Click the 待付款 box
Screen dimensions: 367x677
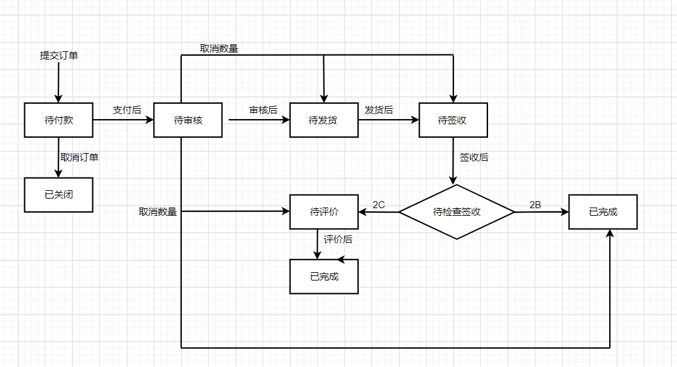[58, 120]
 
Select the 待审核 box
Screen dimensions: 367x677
[188, 120]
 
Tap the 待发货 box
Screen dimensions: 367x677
[323, 120]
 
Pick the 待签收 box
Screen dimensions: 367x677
[453, 120]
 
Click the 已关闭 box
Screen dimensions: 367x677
[58, 195]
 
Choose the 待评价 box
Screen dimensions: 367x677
[323, 212]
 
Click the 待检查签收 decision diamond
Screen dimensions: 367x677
[457, 212]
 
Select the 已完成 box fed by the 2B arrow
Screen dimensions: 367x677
[603, 212]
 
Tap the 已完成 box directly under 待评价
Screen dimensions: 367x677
[323, 277]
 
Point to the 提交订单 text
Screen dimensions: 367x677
[59, 56]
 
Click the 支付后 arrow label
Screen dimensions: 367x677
[127, 110]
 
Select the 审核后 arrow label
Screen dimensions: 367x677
[263, 110]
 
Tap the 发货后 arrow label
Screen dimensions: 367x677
[379, 110]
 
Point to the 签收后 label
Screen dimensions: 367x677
[474, 157]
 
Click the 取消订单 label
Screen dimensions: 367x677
[79, 157]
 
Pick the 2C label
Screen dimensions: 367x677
[379, 204]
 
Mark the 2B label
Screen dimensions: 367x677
[535, 204]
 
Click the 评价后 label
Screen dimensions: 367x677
[338, 239]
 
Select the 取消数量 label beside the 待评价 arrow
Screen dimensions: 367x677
[158, 211]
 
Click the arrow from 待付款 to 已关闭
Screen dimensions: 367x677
[58, 158]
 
